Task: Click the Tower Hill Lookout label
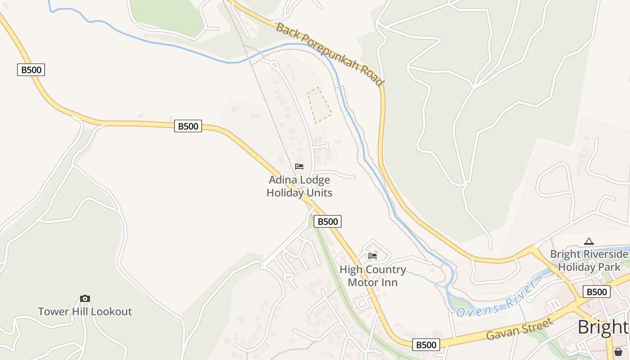click(x=85, y=311)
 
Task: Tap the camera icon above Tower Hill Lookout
click(x=85, y=298)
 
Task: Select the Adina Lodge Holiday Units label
click(x=299, y=186)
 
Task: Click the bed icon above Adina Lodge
click(x=299, y=166)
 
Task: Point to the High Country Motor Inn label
click(x=373, y=276)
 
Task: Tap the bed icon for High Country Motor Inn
click(x=373, y=256)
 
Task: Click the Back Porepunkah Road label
click(x=330, y=54)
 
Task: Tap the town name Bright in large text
click(x=603, y=327)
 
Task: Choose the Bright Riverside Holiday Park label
click(x=589, y=261)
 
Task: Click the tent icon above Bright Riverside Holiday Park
click(x=589, y=242)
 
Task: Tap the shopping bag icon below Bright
click(x=618, y=351)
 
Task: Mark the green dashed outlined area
click(x=319, y=105)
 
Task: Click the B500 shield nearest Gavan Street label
click(x=426, y=345)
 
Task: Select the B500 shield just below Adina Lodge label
click(x=327, y=221)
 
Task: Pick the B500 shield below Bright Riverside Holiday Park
click(x=597, y=292)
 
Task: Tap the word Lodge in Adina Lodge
click(x=315, y=180)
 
